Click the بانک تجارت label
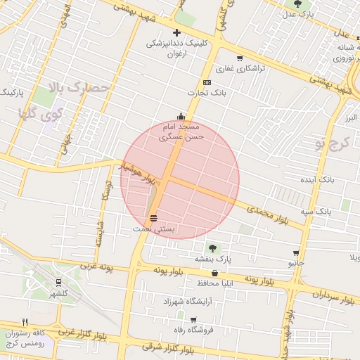(x=204, y=92)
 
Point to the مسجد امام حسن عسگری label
(x=181, y=131)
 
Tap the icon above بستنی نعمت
(x=153, y=218)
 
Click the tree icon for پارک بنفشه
(x=212, y=247)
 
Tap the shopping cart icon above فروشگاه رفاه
(x=193, y=320)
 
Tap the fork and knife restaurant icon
(x=25, y=322)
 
